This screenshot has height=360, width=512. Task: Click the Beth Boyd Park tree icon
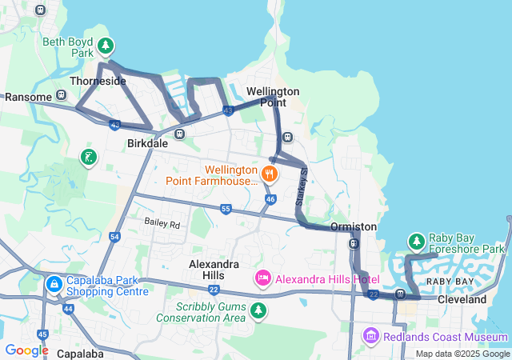point(106,46)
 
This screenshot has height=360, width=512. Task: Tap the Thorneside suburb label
point(98,82)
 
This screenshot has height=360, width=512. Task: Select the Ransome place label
point(28,97)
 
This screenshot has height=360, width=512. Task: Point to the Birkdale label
point(147,144)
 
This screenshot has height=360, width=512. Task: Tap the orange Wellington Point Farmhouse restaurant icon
point(270,171)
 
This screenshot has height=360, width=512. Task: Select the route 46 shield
point(270,198)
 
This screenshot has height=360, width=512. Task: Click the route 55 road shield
point(226,209)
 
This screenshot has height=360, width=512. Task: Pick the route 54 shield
point(114,238)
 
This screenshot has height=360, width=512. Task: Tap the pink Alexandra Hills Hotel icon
point(262,278)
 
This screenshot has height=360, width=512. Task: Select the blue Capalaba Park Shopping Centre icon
point(54,284)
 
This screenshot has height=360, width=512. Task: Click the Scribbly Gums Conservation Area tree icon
point(258,310)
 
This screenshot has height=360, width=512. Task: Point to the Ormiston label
point(353,226)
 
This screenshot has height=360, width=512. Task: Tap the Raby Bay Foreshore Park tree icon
point(416,241)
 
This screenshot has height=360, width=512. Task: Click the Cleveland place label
point(462,299)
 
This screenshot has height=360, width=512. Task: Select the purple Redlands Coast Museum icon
point(370,334)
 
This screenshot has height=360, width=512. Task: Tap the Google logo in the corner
point(26,350)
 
